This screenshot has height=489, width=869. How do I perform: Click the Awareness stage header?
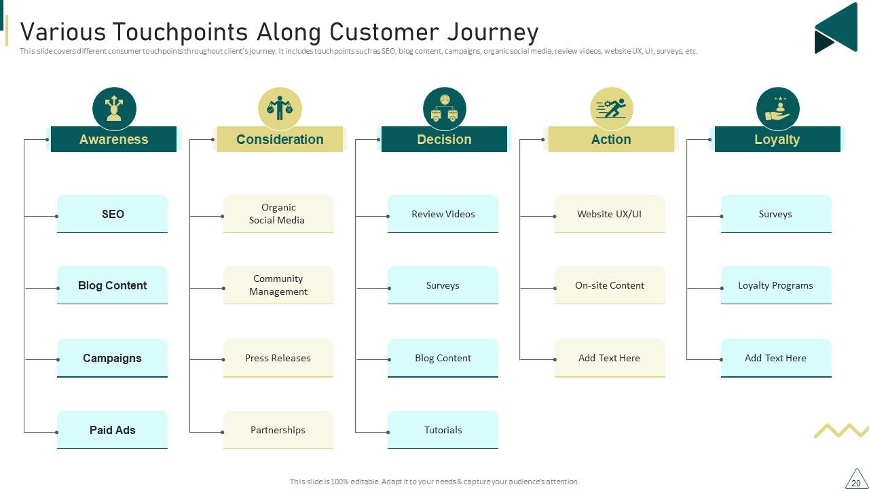[113, 139]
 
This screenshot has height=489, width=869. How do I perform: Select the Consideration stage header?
[280, 139]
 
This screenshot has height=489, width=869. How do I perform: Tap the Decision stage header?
[444, 139]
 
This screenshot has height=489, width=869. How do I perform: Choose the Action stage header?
[611, 139]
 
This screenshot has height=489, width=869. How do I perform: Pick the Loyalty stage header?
[777, 139]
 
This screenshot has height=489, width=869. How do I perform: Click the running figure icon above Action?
[612, 109]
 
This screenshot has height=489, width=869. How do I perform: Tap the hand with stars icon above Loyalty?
[777, 109]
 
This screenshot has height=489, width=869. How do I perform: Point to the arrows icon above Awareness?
[114, 109]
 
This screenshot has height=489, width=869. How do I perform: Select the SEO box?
[112, 214]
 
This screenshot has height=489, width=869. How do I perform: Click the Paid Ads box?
[112, 430]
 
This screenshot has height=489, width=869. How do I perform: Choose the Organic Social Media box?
[278, 214]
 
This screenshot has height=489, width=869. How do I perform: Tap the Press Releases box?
[278, 358]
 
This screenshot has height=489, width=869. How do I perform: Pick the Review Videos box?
[443, 214]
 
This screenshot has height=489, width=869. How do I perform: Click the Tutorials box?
[443, 430]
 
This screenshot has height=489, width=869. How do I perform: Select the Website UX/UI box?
[610, 214]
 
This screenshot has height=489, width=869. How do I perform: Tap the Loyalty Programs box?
[776, 285]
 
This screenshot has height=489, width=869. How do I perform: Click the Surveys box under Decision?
[443, 285]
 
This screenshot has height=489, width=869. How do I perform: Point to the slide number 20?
[855, 482]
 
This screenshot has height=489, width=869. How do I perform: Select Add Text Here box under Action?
[610, 358]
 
